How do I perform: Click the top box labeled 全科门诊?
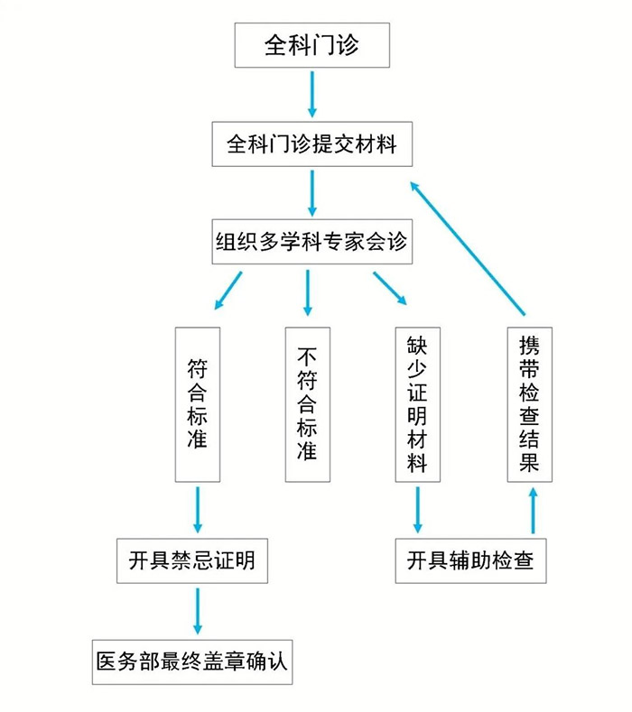[x=311, y=45]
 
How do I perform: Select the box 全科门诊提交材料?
[x=311, y=143]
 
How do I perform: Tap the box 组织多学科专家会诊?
[x=311, y=242]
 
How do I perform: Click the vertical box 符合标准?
[x=197, y=404]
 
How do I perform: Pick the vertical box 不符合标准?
[x=307, y=404]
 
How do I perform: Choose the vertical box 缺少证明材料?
[x=417, y=404]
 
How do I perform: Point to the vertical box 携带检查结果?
[x=530, y=404]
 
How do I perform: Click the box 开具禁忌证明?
[x=192, y=560]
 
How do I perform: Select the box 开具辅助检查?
[x=470, y=560]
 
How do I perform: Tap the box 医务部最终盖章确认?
[x=192, y=661]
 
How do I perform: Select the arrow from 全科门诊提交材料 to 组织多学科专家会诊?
[x=312, y=191]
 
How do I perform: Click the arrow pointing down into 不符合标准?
[x=308, y=291]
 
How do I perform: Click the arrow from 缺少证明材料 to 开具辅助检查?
[x=417, y=510]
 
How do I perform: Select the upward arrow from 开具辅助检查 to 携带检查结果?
[x=533, y=510]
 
